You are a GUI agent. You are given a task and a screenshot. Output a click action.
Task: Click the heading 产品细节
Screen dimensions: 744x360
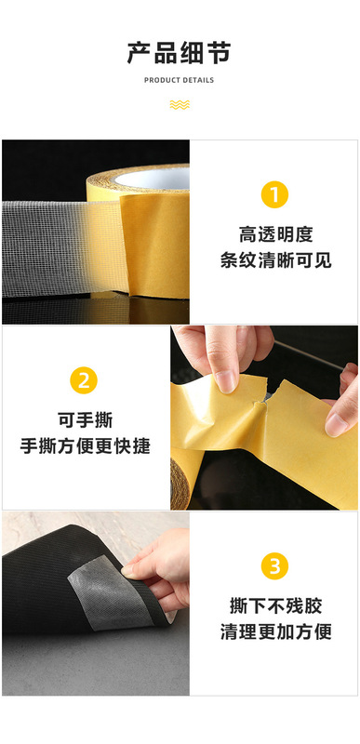pyautogui.click(x=180, y=53)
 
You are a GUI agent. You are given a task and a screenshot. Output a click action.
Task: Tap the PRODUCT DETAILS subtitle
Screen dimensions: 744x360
pyautogui.click(x=180, y=81)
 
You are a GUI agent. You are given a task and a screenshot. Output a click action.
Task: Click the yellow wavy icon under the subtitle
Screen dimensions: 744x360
pyautogui.click(x=180, y=104)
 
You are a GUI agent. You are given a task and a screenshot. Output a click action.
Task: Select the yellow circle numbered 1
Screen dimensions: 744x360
pyautogui.click(x=273, y=194)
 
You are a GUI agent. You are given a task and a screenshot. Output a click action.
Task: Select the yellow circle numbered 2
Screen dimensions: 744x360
pyautogui.click(x=85, y=379)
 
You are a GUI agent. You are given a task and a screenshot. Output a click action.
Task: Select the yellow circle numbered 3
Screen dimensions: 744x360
pyautogui.click(x=274, y=565)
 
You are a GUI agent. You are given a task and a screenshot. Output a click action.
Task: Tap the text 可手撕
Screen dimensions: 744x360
pyautogui.click(x=86, y=419)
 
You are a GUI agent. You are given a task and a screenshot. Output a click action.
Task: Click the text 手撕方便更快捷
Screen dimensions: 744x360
pyautogui.click(x=86, y=445)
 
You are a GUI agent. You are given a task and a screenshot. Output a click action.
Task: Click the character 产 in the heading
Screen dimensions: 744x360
pyautogui.click(x=139, y=53)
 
